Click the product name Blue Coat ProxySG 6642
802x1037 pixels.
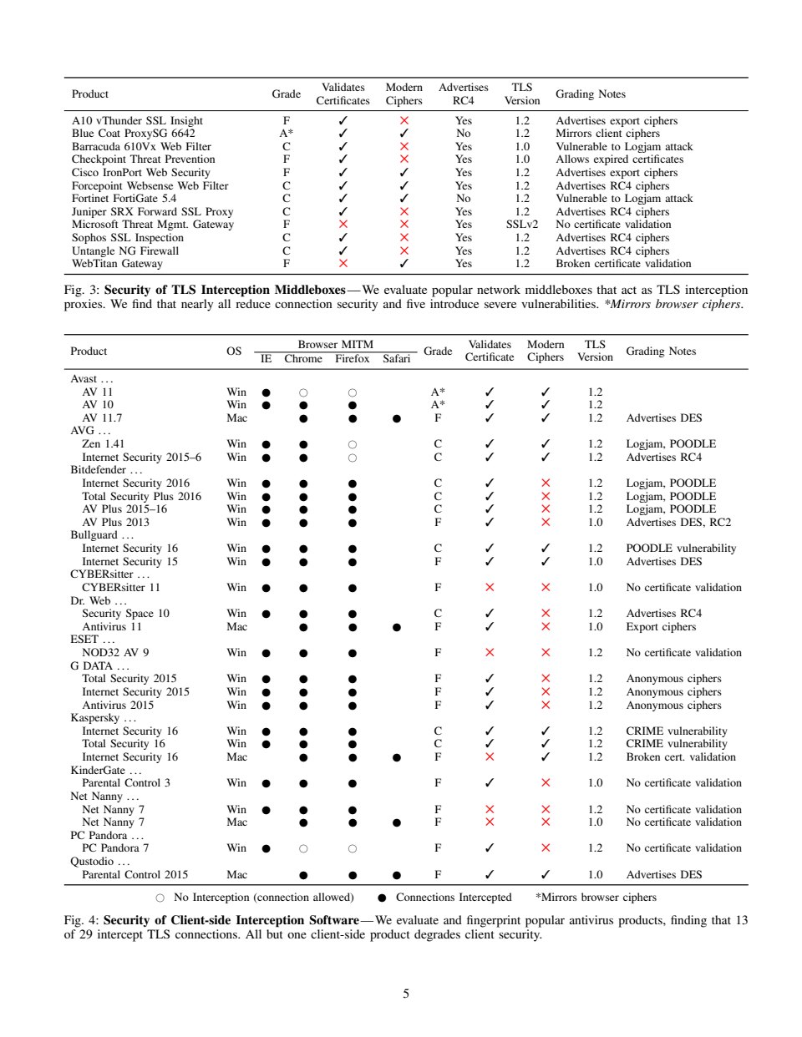[x=134, y=134]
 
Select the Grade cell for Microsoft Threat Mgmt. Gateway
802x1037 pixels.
[x=287, y=225]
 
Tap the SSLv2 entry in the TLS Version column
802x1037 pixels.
[x=522, y=225]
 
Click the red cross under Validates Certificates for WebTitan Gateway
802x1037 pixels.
[x=343, y=264]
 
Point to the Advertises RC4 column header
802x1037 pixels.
[x=463, y=94]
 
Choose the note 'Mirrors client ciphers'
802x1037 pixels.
[x=607, y=134]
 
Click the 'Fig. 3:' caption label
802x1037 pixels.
[x=81, y=290]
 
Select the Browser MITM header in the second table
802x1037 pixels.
[x=335, y=345]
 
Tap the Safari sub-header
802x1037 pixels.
[x=397, y=359]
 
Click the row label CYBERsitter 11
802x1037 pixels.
[x=120, y=588]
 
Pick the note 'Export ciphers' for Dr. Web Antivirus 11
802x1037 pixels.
[x=661, y=627]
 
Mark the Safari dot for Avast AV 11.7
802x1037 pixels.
[x=396, y=418]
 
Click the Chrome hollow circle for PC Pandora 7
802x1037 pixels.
[x=303, y=848]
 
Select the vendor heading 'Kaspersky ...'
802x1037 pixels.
[x=103, y=718]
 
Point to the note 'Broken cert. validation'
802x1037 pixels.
[x=681, y=757]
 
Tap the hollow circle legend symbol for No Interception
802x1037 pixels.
[x=160, y=898]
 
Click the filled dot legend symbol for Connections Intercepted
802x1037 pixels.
[x=382, y=898]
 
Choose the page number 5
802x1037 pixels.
[x=406, y=994]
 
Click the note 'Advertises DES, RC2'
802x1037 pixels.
[x=678, y=523]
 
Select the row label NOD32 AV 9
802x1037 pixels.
[x=115, y=653]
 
